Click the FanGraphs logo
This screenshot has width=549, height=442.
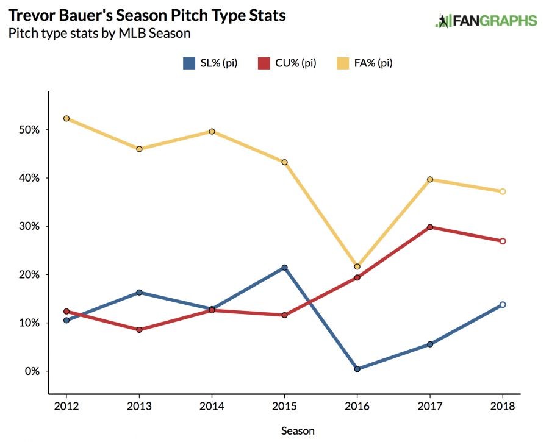coord(486,21)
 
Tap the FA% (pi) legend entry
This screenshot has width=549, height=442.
coord(365,63)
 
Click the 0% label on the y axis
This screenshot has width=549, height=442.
coord(32,371)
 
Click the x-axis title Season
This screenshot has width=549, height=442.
coord(298,430)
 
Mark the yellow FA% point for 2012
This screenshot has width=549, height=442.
coord(66,118)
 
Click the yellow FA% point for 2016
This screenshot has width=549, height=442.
coord(357,266)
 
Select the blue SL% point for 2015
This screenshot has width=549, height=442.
coord(284,268)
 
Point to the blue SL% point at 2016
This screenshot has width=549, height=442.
coord(357,369)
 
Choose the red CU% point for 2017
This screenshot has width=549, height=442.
coord(430,227)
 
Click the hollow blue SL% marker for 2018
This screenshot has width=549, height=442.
coord(503,304)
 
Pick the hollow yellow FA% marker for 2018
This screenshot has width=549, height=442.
coord(503,191)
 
